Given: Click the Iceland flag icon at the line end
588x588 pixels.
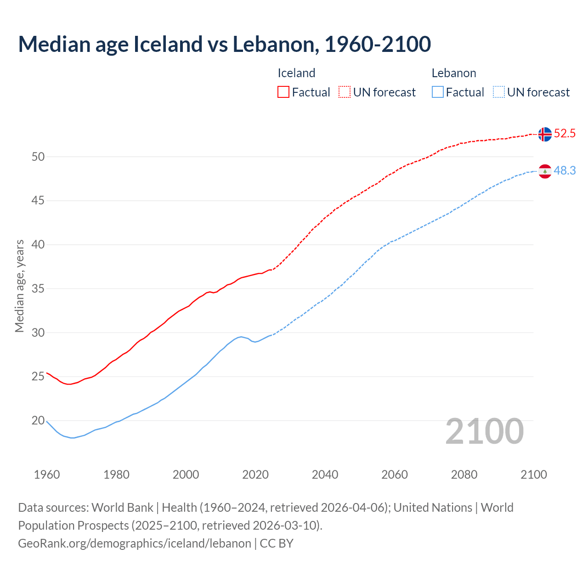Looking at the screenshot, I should pos(545,134).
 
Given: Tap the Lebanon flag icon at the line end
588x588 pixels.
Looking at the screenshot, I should pos(545,171).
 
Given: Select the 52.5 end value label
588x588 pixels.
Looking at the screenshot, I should pos(565,134).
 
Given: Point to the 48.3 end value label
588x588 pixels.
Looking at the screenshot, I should pos(565,170).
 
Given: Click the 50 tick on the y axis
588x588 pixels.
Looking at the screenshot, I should pos(38,157).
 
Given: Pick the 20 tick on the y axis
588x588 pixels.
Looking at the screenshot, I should pos(38,420).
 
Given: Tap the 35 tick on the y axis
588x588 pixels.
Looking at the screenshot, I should pos(38,288).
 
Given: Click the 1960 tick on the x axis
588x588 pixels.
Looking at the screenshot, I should pos(47,475).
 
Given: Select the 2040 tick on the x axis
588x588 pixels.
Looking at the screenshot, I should pos(325,475).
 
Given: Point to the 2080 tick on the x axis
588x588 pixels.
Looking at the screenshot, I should pos(464,475).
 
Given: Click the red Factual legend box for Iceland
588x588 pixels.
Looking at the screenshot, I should pos(283,92).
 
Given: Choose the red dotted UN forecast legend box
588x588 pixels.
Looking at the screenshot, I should pos(345,92).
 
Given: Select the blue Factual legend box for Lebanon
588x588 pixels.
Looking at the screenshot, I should pos(438,92).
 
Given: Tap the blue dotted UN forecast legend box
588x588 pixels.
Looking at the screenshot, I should pos(499,92).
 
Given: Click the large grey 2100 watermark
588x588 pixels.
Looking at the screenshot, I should pos(485,431).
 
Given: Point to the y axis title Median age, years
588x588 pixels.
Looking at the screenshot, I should pos(19,286).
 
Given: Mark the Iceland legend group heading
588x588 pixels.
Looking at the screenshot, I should pos(296,73).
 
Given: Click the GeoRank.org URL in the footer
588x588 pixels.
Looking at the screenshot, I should pos(135,543).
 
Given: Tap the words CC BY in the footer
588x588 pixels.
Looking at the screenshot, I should pos(277,543).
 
